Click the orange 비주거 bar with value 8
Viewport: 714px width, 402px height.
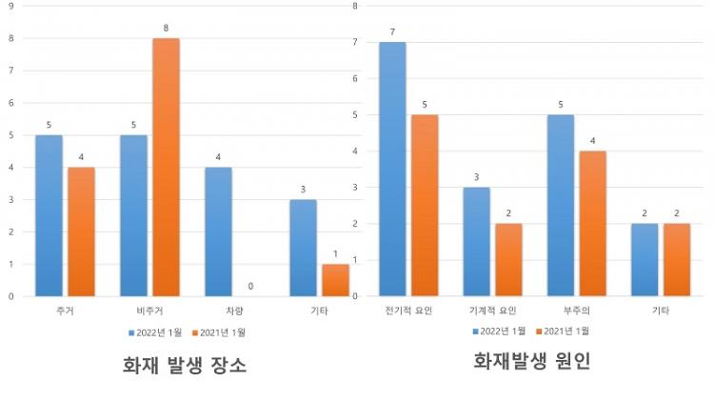(166, 167)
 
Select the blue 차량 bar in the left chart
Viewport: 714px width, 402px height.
(218, 231)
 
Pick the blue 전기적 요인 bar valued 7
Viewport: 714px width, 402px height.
(392, 169)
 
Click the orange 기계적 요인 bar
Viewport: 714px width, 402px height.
(508, 259)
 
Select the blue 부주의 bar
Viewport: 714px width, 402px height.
(562, 205)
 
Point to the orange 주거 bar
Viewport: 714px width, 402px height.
(81, 231)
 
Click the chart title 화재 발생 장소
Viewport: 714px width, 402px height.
(185, 365)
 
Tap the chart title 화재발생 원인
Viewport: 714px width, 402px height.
(530, 361)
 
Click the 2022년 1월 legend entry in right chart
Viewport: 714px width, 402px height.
(500, 331)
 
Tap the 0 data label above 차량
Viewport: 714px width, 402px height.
(250, 286)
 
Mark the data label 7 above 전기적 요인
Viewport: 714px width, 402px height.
(392, 31)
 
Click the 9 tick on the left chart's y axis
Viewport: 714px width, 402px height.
(10, 6)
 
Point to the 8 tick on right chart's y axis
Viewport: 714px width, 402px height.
(354, 6)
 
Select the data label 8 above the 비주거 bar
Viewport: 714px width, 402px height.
(166, 28)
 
